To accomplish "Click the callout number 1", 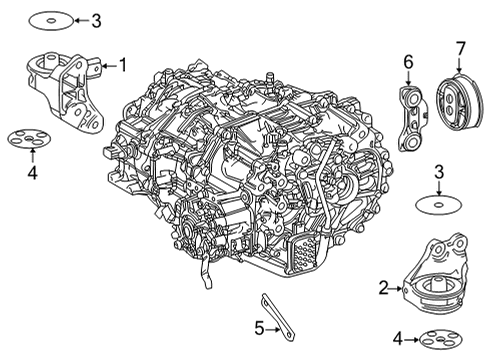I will tap(123, 66).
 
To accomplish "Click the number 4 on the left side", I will tap(31, 173).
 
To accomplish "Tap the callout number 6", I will tap(408, 62).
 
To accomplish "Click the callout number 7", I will tap(460, 47).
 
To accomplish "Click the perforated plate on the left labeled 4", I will tap(31, 138).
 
